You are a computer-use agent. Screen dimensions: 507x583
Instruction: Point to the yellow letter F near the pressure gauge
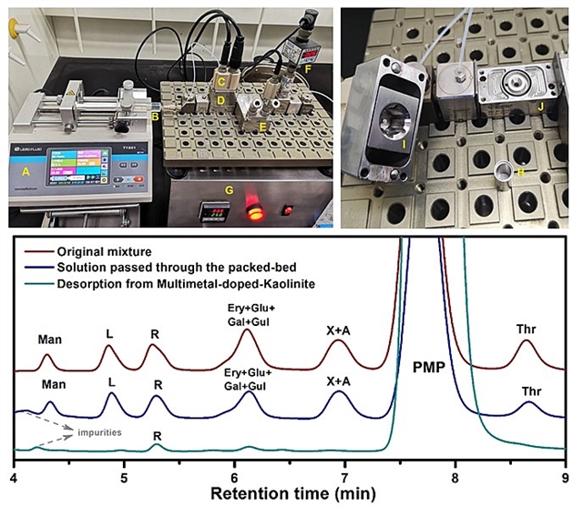click(306, 66)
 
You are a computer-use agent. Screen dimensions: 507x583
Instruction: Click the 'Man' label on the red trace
click(50, 340)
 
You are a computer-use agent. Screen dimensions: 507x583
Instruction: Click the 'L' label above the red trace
click(109, 334)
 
